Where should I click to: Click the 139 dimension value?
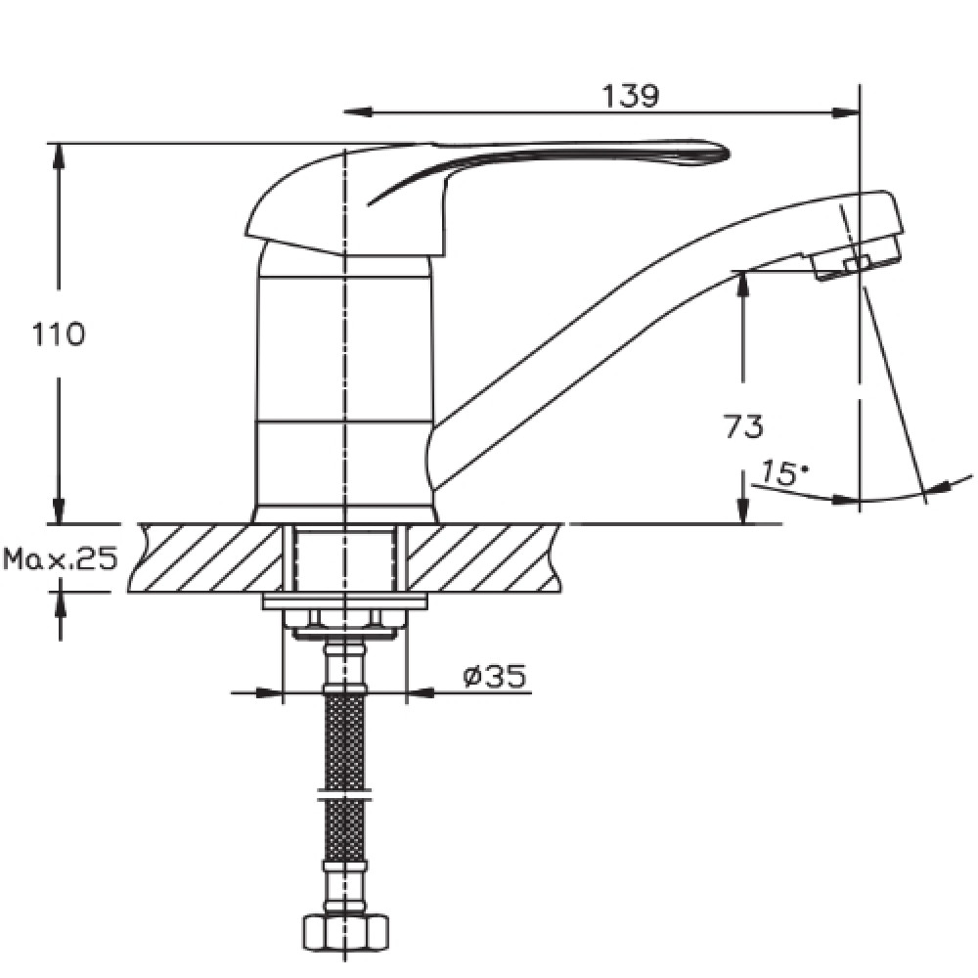[x=630, y=96]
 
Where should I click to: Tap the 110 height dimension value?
[x=58, y=334]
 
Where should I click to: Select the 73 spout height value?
[x=743, y=426]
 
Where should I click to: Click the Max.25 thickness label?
[x=61, y=558]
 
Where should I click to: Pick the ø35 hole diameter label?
[x=495, y=676]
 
